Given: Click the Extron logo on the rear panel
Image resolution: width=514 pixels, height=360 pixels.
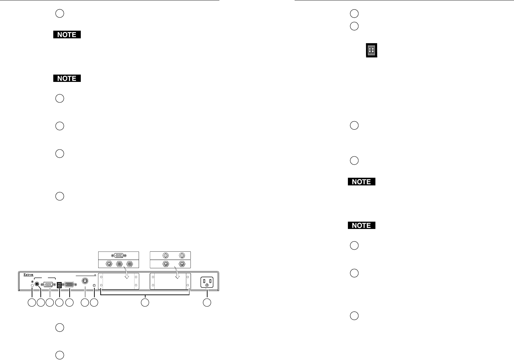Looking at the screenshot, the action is pyautogui.click(x=29, y=275).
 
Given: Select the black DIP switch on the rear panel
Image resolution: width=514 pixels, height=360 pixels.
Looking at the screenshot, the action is pyautogui.click(x=59, y=285).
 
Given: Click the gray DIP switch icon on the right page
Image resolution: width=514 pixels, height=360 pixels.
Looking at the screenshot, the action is pyautogui.click(x=372, y=51).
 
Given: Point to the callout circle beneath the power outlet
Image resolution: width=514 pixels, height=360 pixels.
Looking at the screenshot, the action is pyautogui.click(x=207, y=303).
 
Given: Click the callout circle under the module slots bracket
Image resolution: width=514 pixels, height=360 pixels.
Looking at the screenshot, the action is pyautogui.click(x=145, y=303).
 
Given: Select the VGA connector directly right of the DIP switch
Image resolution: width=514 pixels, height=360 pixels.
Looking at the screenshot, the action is pyautogui.click(x=69, y=284).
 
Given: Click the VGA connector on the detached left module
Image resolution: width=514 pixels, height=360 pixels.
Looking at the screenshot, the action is pyautogui.click(x=118, y=255).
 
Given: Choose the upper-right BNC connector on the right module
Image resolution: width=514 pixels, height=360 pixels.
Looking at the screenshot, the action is pyautogui.click(x=181, y=255).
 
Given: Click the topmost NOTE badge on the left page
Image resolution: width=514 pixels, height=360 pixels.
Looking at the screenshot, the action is pyautogui.click(x=67, y=35).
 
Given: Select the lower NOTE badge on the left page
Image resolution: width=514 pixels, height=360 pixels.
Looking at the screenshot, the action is pyautogui.click(x=67, y=78).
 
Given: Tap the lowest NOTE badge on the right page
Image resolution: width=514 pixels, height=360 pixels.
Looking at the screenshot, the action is pyautogui.click(x=361, y=225).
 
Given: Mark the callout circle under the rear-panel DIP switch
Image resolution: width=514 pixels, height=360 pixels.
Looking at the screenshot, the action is pyautogui.click(x=60, y=303).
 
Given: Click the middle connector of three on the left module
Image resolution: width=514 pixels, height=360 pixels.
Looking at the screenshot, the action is pyautogui.click(x=120, y=264).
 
